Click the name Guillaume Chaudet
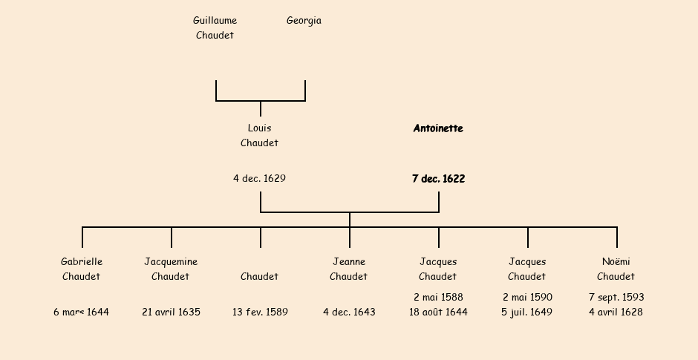tap(215, 28)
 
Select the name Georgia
tap(304, 21)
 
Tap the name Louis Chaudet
tap(259, 135)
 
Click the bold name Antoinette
tap(438, 128)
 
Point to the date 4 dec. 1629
tap(259, 179)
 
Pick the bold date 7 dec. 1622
tap(438, 179)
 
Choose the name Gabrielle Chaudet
tap(82, 269)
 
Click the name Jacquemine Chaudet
tap(171, 269)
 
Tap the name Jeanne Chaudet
tap(349, 269)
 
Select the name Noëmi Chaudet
tap(616, 269)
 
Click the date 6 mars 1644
tap(82, 312)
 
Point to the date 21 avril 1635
tap(171, 312)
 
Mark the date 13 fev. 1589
tap(260, 312)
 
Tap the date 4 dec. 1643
tap(349, 312)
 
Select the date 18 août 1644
tap(438, 312)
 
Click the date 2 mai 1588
tap(438, 298)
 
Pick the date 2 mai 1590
tap(527, 298)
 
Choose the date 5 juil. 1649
tap(527, 312)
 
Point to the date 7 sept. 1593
tap(616, 298)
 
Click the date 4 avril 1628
tap(616, 312)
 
